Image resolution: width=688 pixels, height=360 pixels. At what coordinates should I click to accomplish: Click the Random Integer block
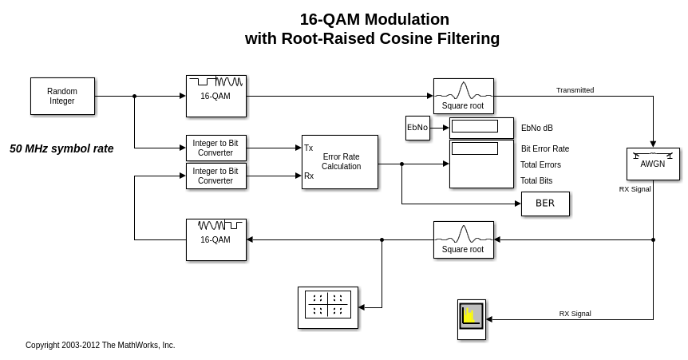(x=62, y=96)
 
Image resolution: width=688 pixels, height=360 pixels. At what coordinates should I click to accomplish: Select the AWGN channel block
(x=653, y=164)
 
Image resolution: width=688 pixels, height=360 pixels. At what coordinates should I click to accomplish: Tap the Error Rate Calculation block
(x=340, y=161)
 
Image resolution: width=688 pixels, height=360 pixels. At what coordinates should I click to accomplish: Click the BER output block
(x=545, y=204)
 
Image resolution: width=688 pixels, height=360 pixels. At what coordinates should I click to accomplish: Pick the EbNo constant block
(x=417, y=128)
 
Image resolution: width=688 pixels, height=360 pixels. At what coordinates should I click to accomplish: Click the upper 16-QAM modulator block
(x=215, y=96)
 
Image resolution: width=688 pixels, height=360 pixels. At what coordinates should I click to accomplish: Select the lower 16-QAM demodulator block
(x=215, y=239)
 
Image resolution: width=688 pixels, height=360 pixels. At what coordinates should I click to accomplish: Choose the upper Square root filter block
(x=463, y=96)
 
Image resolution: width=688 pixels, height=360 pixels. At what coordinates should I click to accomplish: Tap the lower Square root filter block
(x=463, y=239)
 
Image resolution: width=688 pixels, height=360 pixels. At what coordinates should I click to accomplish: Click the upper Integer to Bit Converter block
(x=215, y=148)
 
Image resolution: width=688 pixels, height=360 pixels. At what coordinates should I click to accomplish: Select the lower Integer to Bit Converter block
(x=215, y=176)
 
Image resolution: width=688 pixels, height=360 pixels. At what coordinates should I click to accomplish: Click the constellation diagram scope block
(x=327, y=307)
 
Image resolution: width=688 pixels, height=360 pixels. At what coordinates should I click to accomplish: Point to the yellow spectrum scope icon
(x=471, y=316)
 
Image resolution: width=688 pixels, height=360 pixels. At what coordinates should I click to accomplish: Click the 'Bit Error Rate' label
(x=545, y=148)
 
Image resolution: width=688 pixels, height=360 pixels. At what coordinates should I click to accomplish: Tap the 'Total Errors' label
(x=540, y=164)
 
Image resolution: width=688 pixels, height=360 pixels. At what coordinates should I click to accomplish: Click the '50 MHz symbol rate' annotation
(x=61, y=148)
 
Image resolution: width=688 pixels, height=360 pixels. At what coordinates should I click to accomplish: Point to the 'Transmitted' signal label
(x=575, y=90)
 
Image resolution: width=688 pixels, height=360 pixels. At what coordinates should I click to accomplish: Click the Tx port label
(x=308, y=148)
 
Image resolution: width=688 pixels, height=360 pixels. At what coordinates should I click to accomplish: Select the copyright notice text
(x=100, y=345)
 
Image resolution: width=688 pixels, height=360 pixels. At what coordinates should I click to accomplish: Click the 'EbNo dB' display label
(x=536, y=128)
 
